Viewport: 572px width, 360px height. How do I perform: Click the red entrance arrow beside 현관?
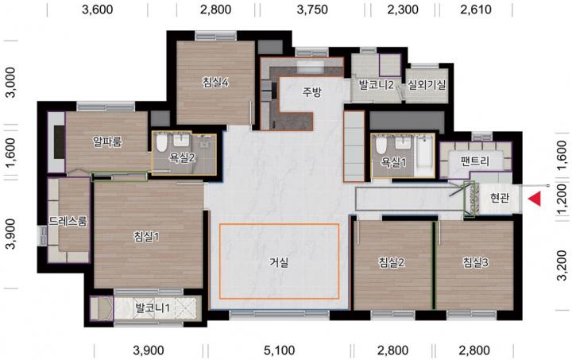535,199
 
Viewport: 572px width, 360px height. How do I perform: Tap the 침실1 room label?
146,237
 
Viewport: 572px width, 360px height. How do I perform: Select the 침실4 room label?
215,83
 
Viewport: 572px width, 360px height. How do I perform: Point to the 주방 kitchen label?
312,92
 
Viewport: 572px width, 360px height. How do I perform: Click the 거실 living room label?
279,262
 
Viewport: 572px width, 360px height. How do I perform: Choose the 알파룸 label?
107,141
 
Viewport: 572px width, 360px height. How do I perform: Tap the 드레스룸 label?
68,221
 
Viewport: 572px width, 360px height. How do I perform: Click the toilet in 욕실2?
160,143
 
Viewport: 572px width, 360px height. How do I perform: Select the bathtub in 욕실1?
424,157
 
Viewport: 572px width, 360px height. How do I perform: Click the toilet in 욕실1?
381,145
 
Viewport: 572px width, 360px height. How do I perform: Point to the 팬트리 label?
474,161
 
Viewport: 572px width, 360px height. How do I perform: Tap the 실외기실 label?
427,85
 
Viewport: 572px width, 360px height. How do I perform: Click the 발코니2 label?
376,85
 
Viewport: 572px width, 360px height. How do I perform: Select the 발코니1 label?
153,308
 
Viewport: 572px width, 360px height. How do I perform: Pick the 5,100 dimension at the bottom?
279,350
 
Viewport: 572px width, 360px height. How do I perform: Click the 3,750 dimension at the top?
312,10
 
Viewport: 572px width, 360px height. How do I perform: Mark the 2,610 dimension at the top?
476,10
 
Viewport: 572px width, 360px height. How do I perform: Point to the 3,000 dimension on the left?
11,83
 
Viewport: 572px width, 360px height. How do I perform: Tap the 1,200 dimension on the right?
563,199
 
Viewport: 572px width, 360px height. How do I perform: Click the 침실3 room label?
476,262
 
